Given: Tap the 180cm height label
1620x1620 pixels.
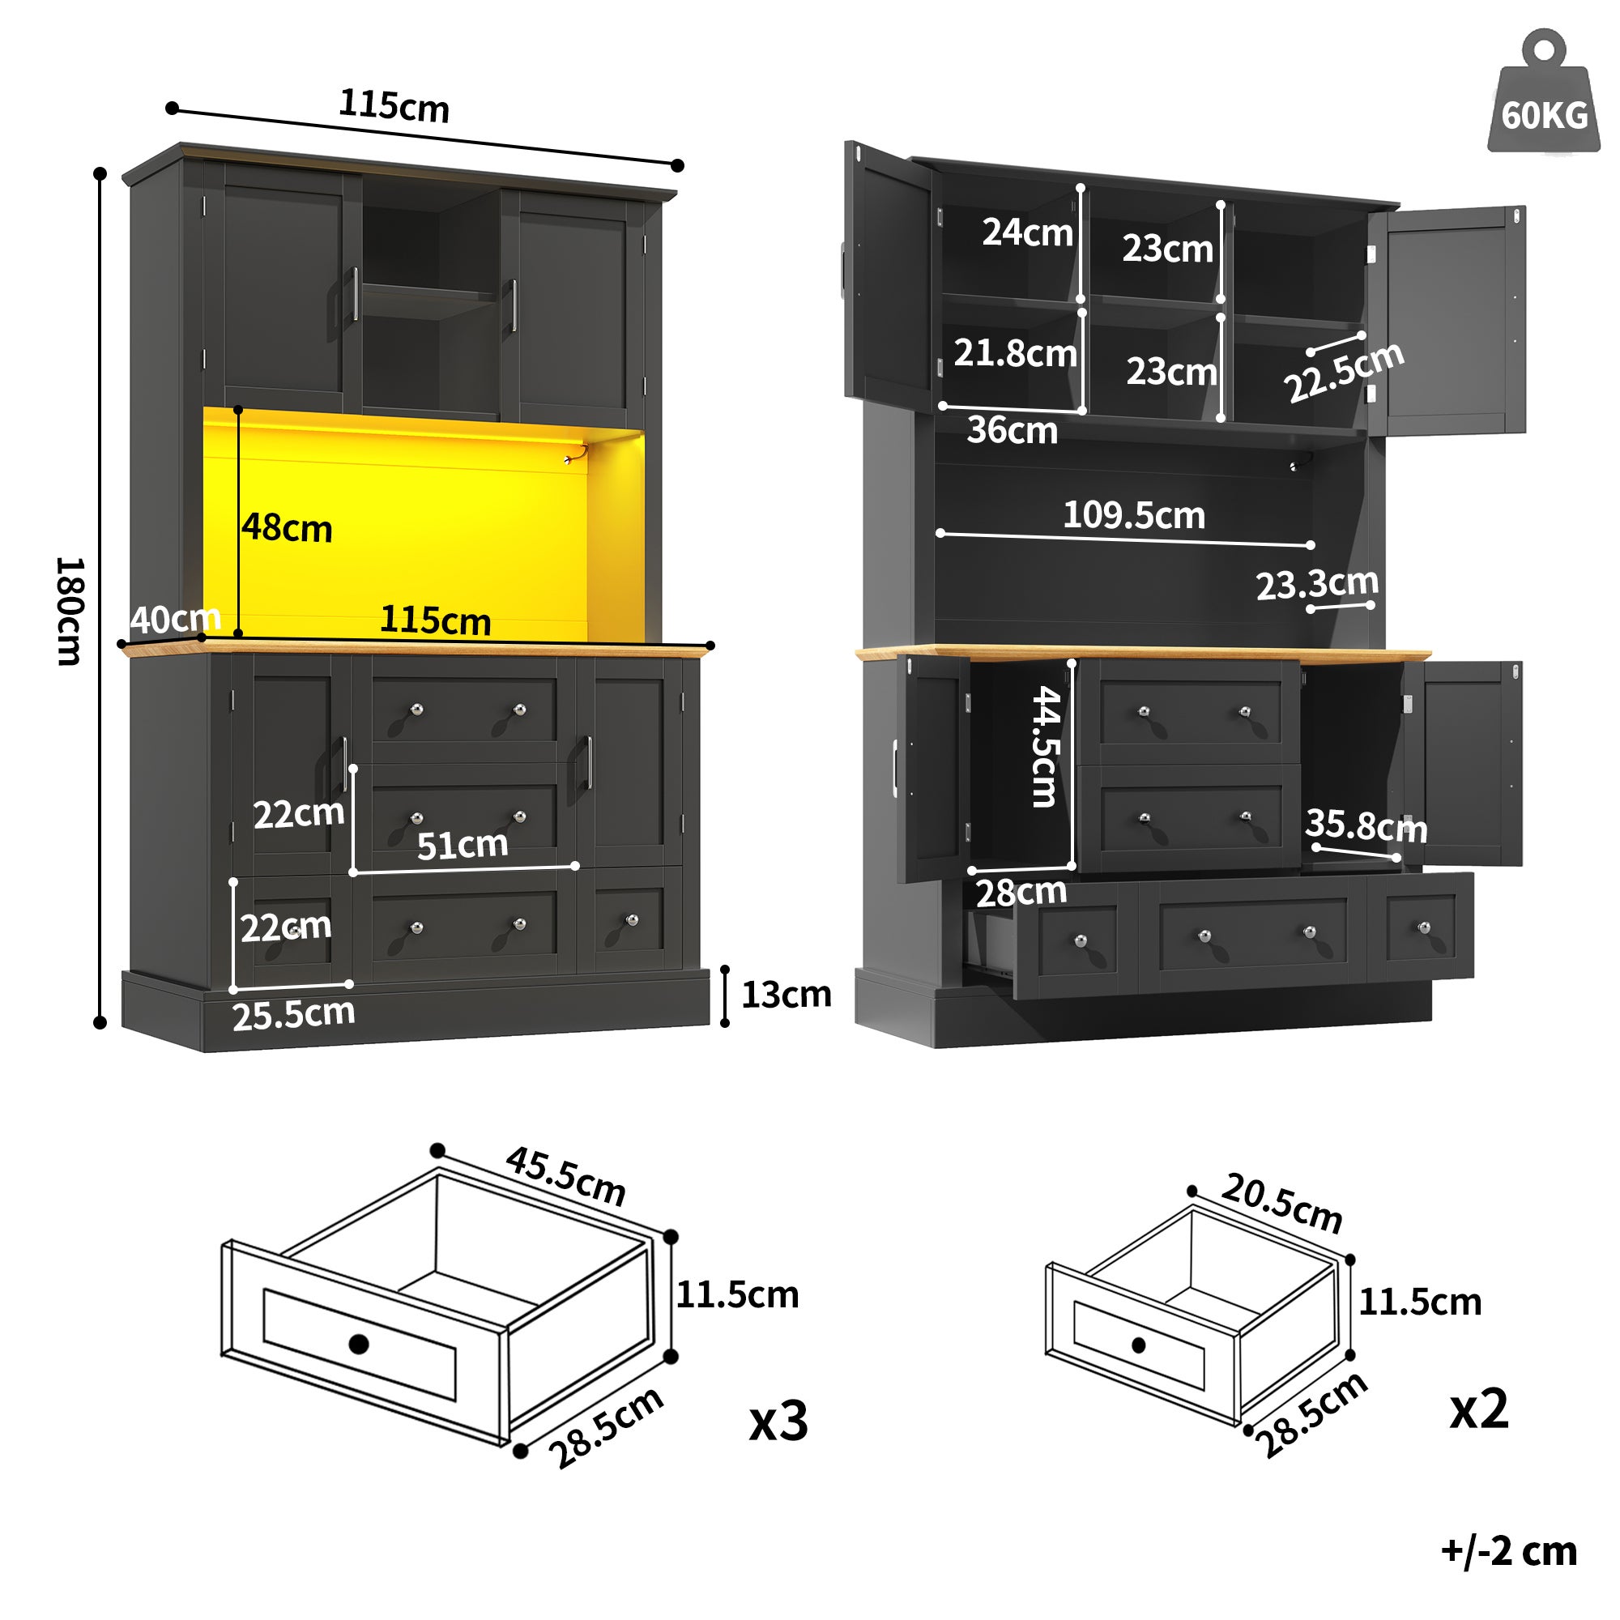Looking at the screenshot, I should pyautogui.click(x=69, y=611).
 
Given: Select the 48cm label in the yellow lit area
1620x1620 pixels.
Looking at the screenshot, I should pyautogui.click(x=287, y=528).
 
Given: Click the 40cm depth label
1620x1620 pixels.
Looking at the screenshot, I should pyautogui.click(x=175, y=620).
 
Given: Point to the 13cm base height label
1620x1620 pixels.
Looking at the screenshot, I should pyautogui.click(x=786, y=995).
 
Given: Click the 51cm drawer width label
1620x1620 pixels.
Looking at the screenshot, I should pyautogui.click(x=462, y=844).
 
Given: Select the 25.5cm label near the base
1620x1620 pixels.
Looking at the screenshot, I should pyautogui.click(x=293, y=1015).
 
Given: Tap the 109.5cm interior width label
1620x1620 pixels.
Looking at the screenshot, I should pyautogui.click(x=1134, y=515).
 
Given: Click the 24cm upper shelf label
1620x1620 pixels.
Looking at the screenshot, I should pyautogui.click(x=1026, y=232).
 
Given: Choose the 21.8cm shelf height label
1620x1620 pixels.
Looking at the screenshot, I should pyautogui.click(x=1015, y=353).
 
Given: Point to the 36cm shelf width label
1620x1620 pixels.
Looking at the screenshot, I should pyautogui.click(x=1011, y=430).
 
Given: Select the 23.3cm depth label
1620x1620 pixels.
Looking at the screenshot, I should pyautogui.click(x=1316, y=583).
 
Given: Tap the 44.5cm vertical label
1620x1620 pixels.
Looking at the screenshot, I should pyautogui.click(x=1046, y=746).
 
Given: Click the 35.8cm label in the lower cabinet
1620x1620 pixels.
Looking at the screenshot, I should pyautogui.click(x=1365, y=826).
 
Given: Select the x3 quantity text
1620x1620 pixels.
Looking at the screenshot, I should pyautogui.click(x=778, y=1421).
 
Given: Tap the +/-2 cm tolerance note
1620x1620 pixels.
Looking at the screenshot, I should pyautogui.click(x=1507, y=1551).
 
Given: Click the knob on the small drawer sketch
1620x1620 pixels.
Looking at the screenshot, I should pyautogui.click(x=1138, y=1345).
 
